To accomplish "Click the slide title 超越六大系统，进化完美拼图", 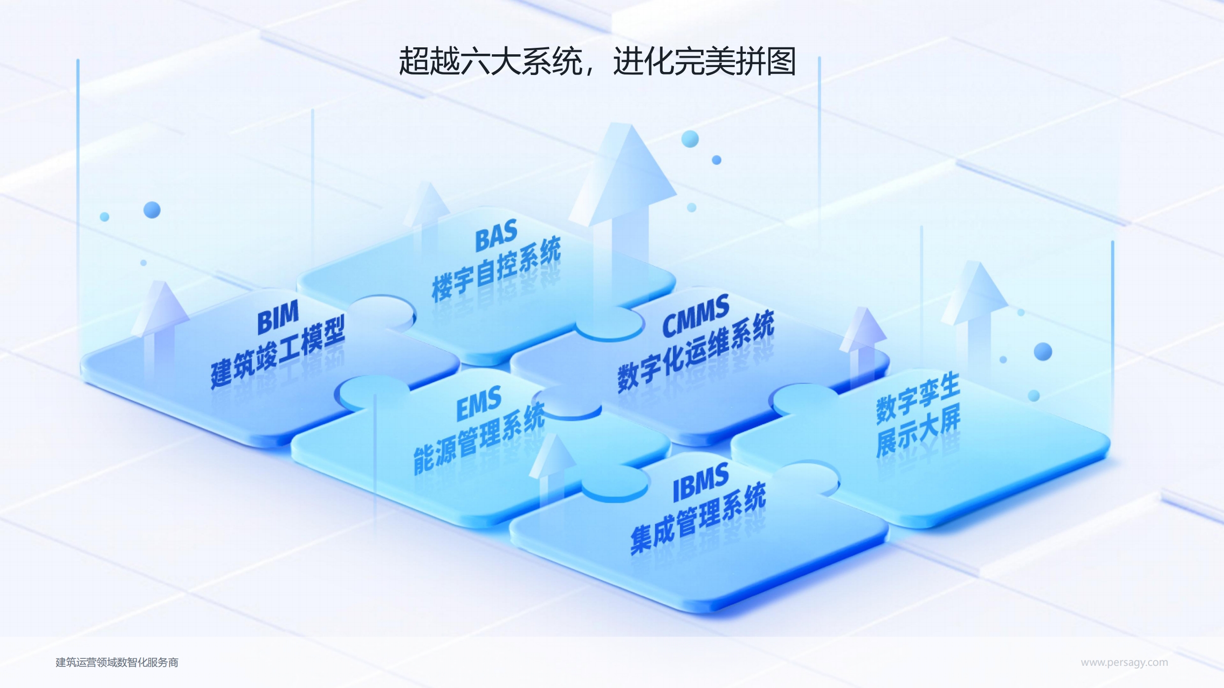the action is [x=597, y=62].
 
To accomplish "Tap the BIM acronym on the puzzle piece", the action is [x=278, y=317].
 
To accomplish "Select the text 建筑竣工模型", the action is [x=278, y=352].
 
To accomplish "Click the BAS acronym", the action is [x=496, y=235].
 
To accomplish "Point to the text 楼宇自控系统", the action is [x=496, y=268].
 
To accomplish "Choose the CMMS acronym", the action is [x=696, y=316].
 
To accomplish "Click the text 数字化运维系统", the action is [x=696, y=351].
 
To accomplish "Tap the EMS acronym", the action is [x=479, y=403].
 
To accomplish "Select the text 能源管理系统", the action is [x=479, y=438].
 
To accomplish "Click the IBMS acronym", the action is [x=701, y=482].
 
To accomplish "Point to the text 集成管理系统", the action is [x=698, y=518].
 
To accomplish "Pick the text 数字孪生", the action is [x=918, y=398].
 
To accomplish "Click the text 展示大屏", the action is [x=918, y=431].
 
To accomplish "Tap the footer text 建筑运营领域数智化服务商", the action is [x=117, y=662].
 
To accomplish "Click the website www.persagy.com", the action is [x=1124, y=662].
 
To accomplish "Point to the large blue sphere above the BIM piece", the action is [x=152, y=210].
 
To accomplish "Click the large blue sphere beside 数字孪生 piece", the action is [x=1043, y=352].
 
